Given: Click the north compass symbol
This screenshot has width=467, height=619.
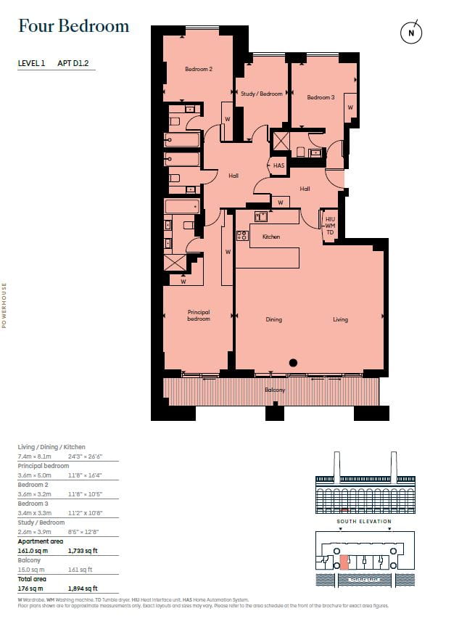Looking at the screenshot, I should point(411,33).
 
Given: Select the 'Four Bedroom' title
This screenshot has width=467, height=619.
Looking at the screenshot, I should point(73,27).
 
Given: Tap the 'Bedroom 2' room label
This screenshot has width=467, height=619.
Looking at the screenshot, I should point(198,70).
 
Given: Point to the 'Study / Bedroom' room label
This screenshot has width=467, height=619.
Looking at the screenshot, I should point(261,94).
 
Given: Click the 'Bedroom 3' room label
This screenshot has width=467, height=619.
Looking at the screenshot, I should point(320,97).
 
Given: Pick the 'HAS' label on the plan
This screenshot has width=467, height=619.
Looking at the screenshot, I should point(278,166).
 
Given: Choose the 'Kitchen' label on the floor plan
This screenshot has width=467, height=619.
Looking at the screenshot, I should point(271,237).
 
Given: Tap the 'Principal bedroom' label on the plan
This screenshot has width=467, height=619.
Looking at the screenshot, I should point(198,316).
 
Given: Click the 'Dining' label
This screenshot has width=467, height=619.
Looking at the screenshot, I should point(273,319).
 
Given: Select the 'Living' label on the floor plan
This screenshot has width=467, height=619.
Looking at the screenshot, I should point(341,319).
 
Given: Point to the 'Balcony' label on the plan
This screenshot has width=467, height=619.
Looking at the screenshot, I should point(275,390).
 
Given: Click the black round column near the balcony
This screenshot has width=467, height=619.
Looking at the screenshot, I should point(294,363).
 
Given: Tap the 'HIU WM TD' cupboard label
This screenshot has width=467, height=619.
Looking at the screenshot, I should point(330,226).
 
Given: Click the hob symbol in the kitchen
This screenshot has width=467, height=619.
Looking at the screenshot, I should point(242,235).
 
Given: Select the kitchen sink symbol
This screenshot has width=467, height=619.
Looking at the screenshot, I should point(261,216).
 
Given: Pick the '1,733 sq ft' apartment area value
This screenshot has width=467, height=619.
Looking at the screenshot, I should point(82,551).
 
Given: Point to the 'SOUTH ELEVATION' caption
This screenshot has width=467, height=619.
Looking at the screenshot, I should point(363,521).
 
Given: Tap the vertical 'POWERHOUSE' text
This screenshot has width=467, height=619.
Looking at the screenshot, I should point(4,306).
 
